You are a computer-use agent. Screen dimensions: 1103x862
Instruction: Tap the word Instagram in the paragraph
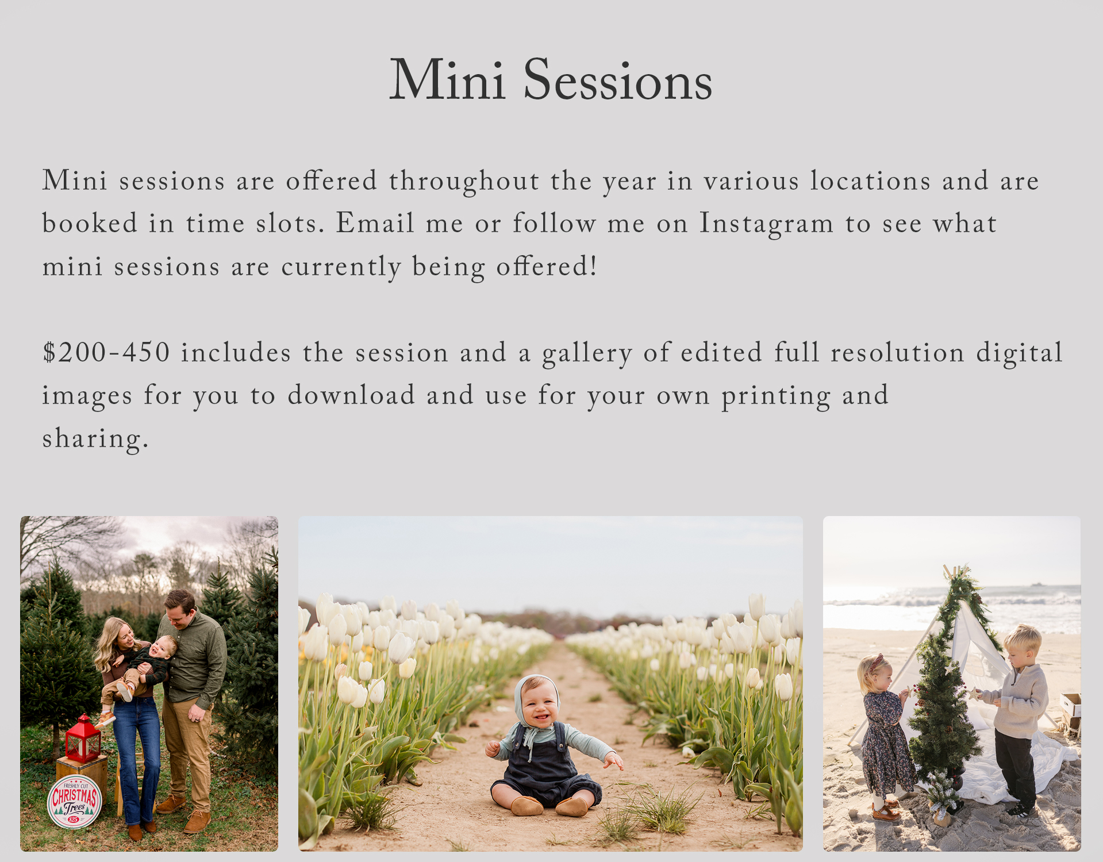(x=766, y=224)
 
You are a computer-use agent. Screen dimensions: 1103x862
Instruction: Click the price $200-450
(x=106, y=352)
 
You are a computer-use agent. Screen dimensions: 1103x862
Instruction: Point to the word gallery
(x=587, y=353)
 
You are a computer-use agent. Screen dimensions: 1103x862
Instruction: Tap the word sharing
(x=95, y=439)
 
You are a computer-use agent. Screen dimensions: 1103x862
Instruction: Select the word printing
(x=776, y=397)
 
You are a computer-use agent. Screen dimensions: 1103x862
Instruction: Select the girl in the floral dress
(x=885, y=736)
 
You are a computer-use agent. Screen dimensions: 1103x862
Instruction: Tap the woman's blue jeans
(x=137, y=759)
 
